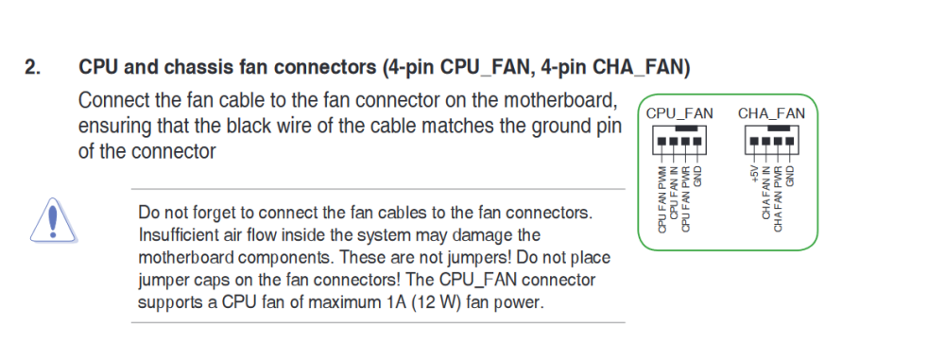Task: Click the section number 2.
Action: (32, 68)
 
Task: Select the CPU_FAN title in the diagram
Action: (679, 113)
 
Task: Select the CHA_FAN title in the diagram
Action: (771, 113)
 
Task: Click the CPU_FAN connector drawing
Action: (679, 144)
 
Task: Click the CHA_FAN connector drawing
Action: (771, 144)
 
